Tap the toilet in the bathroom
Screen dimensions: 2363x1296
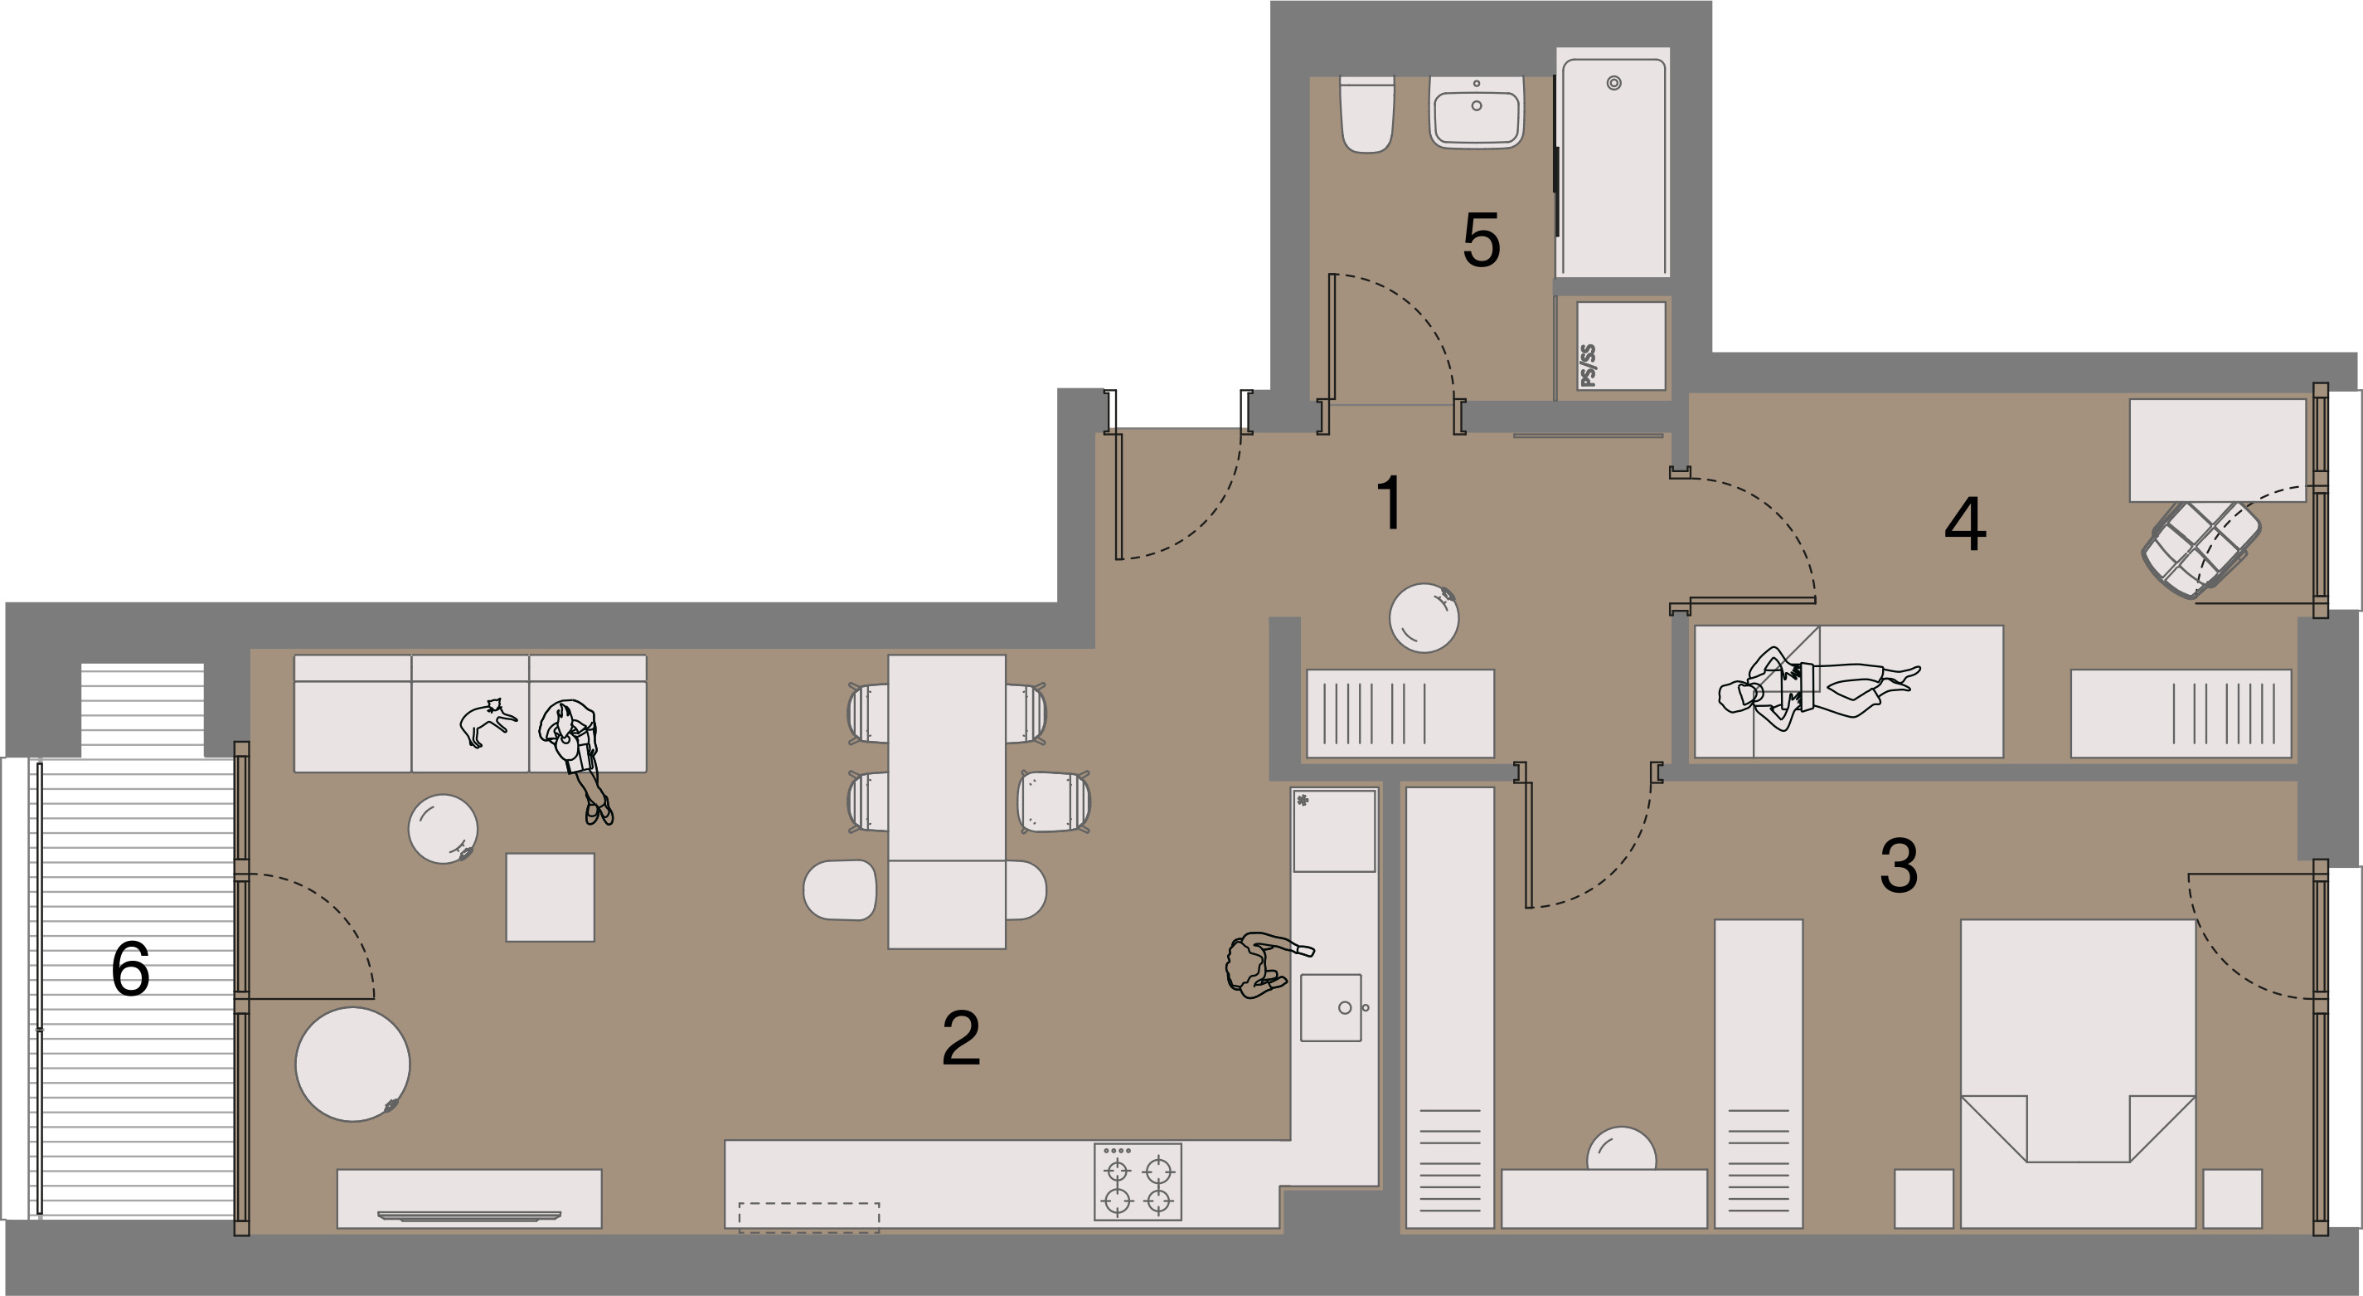(1366, 114)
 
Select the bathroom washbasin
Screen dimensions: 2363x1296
(1476, 112)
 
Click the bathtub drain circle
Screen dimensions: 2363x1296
(1613, 84)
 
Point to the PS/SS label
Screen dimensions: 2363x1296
(1588, 365)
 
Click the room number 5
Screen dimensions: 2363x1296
(1482, 241)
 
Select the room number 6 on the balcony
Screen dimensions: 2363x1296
(130, 968)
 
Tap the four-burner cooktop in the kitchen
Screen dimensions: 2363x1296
(1138, 1182)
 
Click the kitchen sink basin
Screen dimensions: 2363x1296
(1331, 1008)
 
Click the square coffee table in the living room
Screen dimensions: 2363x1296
(551, 897)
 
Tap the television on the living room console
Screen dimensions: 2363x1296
(468, 1216)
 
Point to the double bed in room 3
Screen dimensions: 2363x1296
(2078, 1073)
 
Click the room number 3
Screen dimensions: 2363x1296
(1898, 865)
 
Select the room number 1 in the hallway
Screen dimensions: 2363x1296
(1390, 502)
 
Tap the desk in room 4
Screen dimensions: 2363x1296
(2217, 450)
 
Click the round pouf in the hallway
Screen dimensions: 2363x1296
(1424, 617)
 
